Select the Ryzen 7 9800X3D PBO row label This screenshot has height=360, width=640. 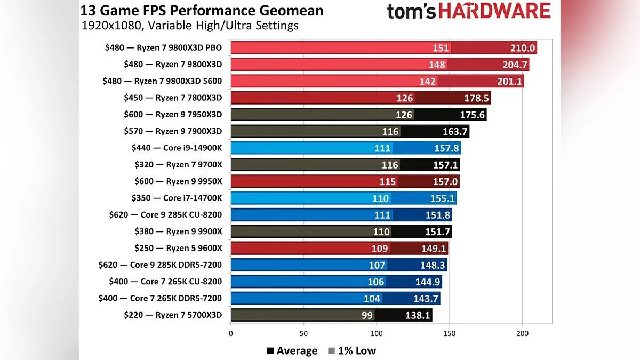coord(163,48)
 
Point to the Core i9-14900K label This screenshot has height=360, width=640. coord(177,148)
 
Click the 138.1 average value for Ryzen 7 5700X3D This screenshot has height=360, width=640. coord(418,315)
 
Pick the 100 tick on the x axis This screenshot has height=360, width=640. coord(377,334)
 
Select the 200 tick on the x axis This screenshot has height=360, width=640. coord(523,334)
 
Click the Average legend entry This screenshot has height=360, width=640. coord(292,350)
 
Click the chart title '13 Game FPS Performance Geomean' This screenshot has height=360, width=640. coord(202,10)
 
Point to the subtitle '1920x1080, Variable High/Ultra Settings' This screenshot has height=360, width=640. coord(190,25)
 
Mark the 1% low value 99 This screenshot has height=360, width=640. coord(367,315)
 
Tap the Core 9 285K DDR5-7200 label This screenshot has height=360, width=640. coord(160,265)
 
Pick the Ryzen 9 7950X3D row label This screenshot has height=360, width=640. coord(173,115)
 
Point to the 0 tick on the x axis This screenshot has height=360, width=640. coord(230,334)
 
